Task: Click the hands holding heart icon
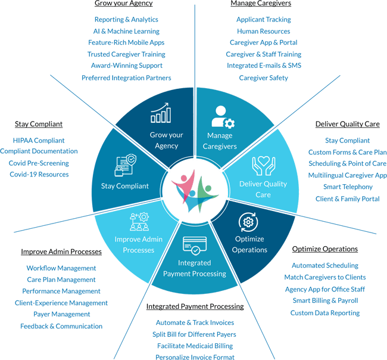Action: point(263,165)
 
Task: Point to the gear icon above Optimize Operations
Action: point(249,222)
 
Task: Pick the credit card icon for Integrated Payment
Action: point(195,245)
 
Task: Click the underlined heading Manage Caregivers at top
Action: point(261,4)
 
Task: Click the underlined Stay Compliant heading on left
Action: point(39,125)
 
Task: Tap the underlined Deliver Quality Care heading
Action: point(347,125)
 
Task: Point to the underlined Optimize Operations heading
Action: point(325,249)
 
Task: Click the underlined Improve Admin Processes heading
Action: point(61,252)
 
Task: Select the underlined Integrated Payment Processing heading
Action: point(195,307)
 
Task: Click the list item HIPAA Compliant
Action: point(39,141)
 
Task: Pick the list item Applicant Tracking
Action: point(263,20)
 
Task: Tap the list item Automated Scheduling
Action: point(325,266)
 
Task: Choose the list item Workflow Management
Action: point(61,268)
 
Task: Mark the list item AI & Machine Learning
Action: point(126,31)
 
